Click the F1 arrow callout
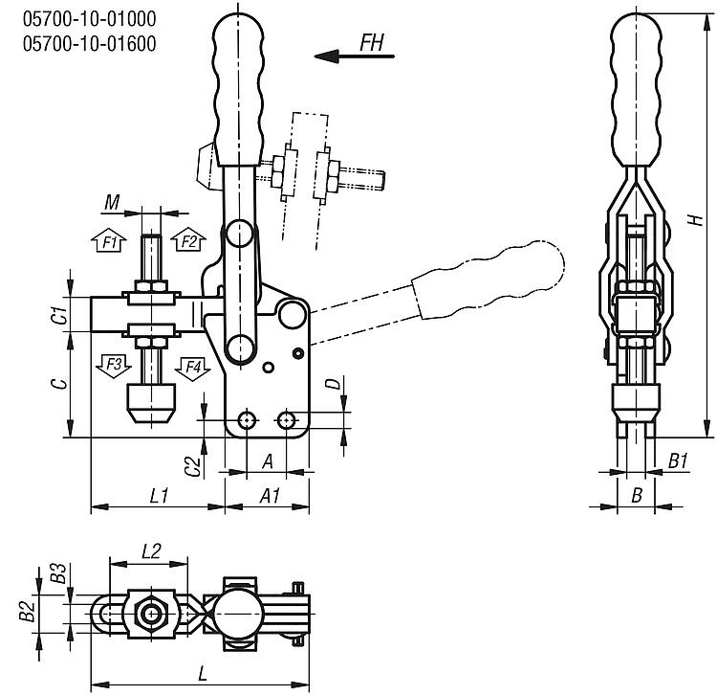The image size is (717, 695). (109, 240)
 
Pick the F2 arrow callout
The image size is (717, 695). (188, 240)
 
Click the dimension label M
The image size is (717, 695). (113, 202)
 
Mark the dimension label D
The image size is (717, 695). (332, 384)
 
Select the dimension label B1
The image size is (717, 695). (678, 461)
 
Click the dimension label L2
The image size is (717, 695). (150, 550)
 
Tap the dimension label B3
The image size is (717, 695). (59, 574)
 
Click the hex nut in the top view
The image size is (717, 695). (149, 613)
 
